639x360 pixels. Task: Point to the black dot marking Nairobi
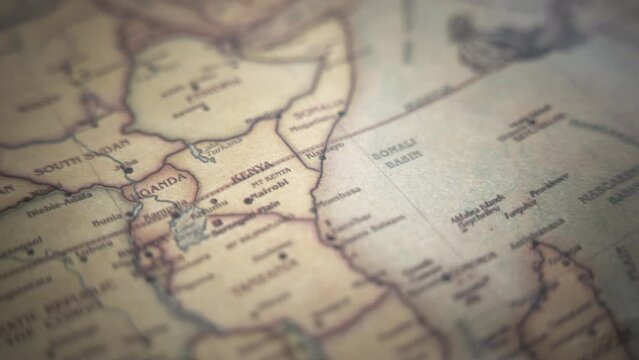(247, 201)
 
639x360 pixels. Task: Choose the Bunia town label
(106, 218)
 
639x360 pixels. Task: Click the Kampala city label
(158, 212)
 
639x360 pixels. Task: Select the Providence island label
(548, 183)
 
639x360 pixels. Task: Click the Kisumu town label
(209, 211)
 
